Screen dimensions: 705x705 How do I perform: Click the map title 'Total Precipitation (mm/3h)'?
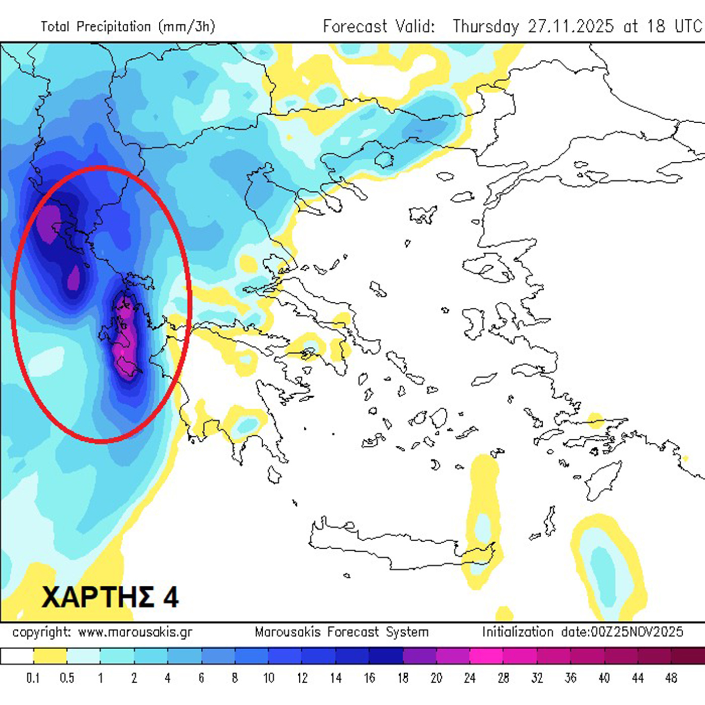coord(128,26)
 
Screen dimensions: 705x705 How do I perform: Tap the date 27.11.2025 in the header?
coord(571,26)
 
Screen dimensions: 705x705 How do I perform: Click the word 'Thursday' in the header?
coord(485,26)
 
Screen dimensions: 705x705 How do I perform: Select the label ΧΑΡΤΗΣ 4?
coord(110,597)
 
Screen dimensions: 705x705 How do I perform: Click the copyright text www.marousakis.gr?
coord(135,632)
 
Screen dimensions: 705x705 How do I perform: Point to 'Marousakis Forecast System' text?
coord(341,632)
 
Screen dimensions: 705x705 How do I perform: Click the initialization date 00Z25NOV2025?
coord(622,632)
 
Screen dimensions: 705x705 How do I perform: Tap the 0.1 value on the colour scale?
coord(33,678)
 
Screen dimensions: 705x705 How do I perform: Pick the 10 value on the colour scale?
coord(268,678)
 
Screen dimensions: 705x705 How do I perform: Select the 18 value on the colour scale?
coord(403,678)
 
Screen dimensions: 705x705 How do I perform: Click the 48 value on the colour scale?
coord(671,678)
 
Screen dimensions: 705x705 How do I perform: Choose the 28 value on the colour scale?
coord(503,678)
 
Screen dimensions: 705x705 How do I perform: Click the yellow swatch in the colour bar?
coord(50,656)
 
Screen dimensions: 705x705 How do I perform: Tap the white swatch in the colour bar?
coord(17,656)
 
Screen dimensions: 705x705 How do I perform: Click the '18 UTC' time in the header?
coord(675,26)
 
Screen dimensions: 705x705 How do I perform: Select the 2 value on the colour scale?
coord(134,678)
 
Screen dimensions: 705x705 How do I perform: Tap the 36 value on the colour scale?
coord(570,678)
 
